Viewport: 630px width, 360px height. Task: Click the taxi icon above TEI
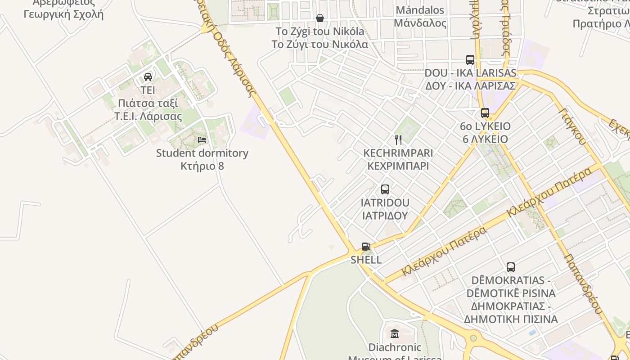tap(148, 77)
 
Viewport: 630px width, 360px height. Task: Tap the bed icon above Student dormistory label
tap(202, 140)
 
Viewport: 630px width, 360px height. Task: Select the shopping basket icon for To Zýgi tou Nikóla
tap(319, 18)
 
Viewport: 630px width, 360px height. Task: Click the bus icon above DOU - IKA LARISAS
tap(470, 60)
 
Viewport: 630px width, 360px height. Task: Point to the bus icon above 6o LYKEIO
tap(485, 113)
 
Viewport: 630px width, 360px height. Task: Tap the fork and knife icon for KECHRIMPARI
tap(398, 139)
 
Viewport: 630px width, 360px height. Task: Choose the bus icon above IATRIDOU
tap(385, 189)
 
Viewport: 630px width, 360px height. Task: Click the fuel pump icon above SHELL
tap(366, 247)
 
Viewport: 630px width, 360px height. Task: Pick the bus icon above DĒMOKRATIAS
tap(511, 267)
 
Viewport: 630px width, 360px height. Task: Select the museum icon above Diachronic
tap(395, 334)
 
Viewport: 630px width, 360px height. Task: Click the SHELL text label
tap(366, 260)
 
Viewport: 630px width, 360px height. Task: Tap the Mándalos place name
tap(419, 10)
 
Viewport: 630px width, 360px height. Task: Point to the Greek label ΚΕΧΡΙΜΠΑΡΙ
tap(398, 166)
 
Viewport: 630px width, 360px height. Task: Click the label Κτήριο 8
tap(202, 166)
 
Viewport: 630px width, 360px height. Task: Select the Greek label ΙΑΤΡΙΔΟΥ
tap(385, 215)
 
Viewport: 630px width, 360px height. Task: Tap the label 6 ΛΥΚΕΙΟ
tap(485, 139)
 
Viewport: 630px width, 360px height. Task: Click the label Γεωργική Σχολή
tap(63, 14)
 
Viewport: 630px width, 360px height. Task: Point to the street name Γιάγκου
tap(573, 126)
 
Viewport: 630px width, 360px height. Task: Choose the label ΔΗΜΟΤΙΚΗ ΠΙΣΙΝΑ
tap(511, 319)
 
